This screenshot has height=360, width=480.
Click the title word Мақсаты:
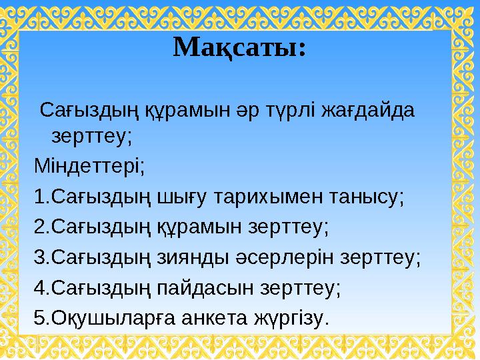[x=240, y=47]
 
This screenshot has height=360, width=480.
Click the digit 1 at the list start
[x=39, y=197]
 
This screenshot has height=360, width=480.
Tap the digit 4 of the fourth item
[x=39, y=289]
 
